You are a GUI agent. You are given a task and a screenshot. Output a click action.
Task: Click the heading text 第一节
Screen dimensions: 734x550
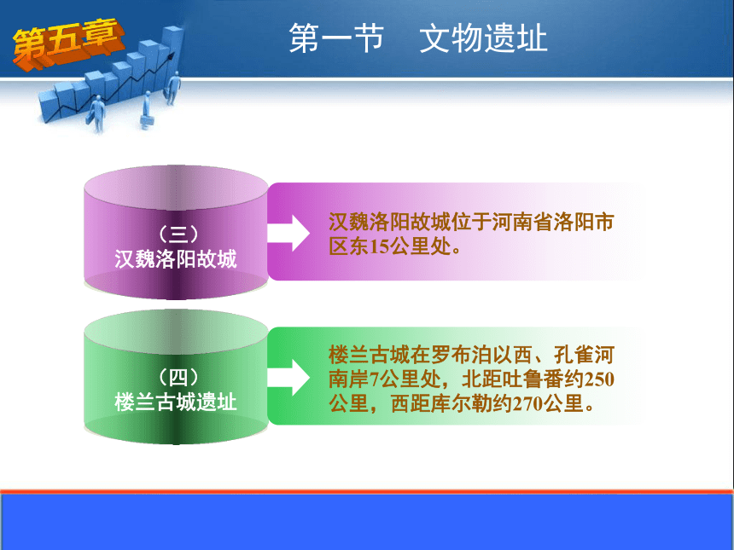click(336, 38)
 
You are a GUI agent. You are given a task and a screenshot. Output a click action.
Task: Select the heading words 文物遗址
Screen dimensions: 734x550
click(483, 38)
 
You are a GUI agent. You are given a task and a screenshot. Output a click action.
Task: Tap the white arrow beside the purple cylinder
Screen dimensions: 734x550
click(288, 233)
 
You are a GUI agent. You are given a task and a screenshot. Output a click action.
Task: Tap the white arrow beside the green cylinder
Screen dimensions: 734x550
click(288, 377)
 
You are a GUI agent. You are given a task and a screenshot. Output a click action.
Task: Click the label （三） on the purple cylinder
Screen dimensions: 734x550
click(178, 234)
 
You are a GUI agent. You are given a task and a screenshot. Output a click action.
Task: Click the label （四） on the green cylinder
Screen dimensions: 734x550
click(178, 378)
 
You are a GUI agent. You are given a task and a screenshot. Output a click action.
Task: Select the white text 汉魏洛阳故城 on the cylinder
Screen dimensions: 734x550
click(176, 258)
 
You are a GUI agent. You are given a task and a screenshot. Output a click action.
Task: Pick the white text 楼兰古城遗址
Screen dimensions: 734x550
click(176, 402)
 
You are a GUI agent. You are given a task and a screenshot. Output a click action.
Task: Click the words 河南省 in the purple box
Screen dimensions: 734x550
click(522, 223)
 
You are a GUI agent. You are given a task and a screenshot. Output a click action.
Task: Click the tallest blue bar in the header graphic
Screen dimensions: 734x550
click(172, 54)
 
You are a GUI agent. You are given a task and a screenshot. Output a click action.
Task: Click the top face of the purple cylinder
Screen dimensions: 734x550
click(176, 187)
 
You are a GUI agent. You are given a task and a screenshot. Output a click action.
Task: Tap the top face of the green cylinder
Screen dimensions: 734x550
click(176, 331)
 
